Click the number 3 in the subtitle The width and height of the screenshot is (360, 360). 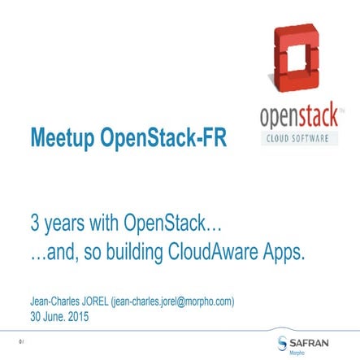34,223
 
